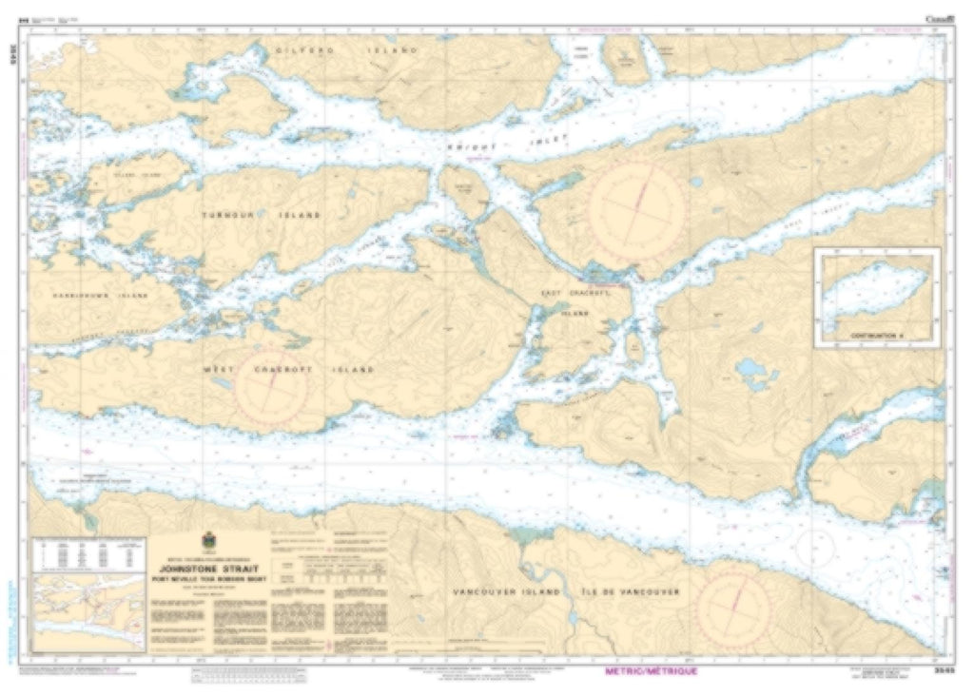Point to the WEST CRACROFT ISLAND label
(289, 369)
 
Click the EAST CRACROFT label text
(574, 294)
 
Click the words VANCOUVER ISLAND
(498, 591)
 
